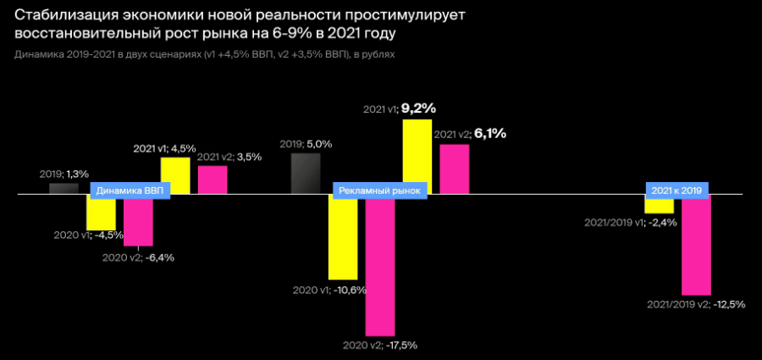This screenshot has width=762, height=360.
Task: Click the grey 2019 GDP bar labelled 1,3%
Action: click(63, 188)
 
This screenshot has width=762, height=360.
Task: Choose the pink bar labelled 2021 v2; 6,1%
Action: click(455, 169)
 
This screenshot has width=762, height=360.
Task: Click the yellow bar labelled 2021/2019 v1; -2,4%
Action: click(659, 206)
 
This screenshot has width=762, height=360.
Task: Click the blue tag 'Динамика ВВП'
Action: click(130, 191)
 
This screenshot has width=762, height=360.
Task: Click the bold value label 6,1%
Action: click(489, 133)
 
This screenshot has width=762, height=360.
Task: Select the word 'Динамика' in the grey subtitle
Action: click(37, 53)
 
